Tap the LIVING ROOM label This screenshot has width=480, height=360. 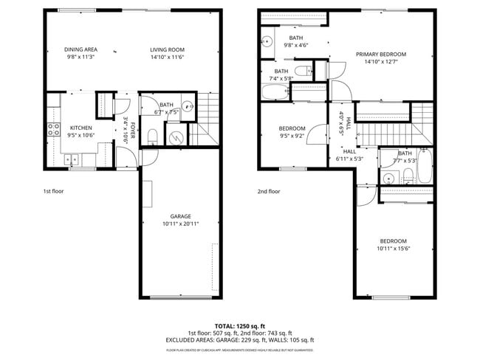click(167, 49)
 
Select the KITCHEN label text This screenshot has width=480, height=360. click(80, 128)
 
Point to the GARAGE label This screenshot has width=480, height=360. click(181, 217)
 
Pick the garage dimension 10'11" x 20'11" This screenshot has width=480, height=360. click(181, 224)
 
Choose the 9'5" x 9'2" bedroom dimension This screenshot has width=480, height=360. click(292, 136)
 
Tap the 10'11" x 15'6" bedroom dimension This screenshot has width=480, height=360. click(393, 248)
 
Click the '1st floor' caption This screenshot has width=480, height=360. click(53, 191)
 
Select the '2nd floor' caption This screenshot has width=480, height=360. click(269, 191)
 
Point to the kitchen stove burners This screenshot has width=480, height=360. click(54, 130)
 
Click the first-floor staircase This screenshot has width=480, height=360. click(208, 118)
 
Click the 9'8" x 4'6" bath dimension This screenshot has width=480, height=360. click(295, 45)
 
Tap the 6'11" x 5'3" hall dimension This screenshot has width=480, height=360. click(349, 159)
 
